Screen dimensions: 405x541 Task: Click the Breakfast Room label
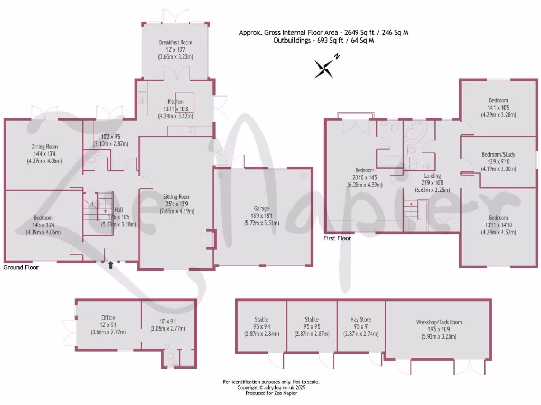click(175, 42)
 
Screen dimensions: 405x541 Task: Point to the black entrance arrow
click(110, 265)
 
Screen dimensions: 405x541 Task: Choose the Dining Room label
click(44, 147)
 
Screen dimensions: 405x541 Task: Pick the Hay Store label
click(361, 319)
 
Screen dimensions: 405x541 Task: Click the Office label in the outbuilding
click(108, 317)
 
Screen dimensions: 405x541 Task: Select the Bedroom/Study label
click(498, 155)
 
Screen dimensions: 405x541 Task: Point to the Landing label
click(432, 176)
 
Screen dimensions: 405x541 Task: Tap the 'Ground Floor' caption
click(21, 267)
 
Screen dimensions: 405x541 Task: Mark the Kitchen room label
click(176, 102)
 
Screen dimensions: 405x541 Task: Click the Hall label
click(119, 209)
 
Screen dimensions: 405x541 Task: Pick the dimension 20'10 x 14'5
click(365, 178)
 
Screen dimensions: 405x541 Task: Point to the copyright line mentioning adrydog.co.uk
click(271, 388)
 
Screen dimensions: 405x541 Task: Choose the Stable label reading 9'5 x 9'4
click(260, 327)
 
